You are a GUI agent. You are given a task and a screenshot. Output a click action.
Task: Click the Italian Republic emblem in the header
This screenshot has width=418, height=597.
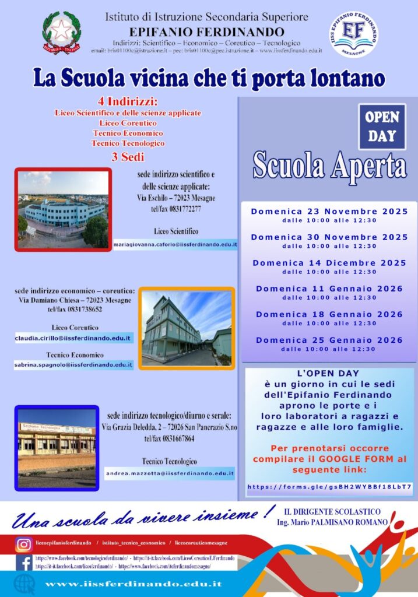tap(62, 33)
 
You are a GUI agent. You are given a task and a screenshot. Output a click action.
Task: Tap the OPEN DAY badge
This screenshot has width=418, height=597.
tap(382, 127)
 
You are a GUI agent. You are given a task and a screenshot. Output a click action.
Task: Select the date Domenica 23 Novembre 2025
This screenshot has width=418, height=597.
tap(329, 211)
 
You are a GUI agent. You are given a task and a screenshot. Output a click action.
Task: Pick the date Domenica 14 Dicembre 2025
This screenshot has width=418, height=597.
tap(329, 263)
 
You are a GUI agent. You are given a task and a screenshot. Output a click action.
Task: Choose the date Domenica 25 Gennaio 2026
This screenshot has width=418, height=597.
tap(329, 340)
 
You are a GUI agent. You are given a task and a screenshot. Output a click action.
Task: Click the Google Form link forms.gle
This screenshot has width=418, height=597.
tap(329, 486)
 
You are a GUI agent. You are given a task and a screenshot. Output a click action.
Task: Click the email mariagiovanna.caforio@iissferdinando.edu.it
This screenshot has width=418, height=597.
tap(175, 245)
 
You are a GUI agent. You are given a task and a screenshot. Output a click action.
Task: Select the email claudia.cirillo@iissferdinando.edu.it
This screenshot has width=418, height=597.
tap(74, 338)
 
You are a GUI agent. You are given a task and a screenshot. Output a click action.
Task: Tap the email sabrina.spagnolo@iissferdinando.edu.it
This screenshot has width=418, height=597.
tap(74, 365)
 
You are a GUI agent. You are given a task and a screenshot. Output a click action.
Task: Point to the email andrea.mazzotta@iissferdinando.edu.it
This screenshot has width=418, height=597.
tap(170, 474)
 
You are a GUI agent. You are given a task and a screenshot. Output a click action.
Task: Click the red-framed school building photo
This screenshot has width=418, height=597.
tap(63, 209)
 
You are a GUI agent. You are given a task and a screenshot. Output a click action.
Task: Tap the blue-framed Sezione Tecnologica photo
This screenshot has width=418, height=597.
tap(56, 448)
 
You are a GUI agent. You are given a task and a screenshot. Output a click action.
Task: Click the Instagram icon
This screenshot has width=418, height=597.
tap(24, 545)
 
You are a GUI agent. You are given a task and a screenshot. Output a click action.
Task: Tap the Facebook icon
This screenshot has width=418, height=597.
tap(24, 562)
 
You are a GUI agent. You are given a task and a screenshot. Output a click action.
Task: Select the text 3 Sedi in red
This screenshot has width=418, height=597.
tap(128, 156)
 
